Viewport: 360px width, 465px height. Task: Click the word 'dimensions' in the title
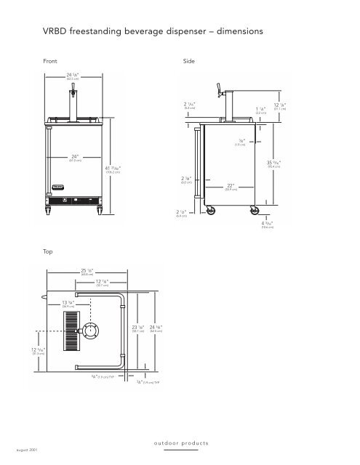pyautogui.click(x=226, y=33)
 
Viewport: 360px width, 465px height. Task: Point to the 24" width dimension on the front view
pyautogui.click(x=75, y=156)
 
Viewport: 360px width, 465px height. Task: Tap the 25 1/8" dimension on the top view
pyautogui.click(x=87, y=272)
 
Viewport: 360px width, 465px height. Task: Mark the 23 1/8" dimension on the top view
pyautogui.click(x=137, y=329)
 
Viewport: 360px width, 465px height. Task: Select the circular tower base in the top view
pyautogui.click(x=94, y=331)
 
